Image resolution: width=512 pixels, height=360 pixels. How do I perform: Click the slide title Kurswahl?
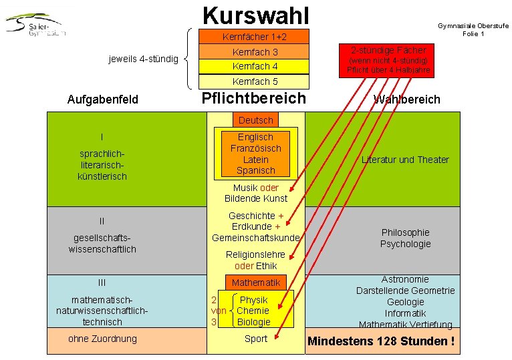click(x=255, y=14)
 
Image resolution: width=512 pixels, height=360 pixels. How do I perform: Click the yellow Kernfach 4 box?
click(x=255, y=66)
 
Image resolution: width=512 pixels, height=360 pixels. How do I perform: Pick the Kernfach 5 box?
click(x=255, y=81)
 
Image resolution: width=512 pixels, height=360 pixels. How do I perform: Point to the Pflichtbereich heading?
click(x=253, y=99)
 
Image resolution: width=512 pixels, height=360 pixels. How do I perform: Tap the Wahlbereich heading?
click(x=407, y=100)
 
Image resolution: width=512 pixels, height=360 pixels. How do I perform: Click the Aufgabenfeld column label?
click(x=103, y=100)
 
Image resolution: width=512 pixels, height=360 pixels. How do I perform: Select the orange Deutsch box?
click(x=256, y=120)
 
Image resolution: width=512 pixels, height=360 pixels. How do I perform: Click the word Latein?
click(x=256, y=160)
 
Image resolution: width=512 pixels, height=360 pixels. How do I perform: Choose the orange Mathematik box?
click(x=256, y=283)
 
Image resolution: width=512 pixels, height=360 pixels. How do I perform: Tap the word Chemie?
click(x=253, y=311)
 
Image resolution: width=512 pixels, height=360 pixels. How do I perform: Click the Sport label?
click(x=255, y=339)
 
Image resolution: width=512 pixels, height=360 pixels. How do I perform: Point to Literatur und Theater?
click(x=405, y=160)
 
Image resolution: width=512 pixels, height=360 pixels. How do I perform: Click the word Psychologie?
click(x=405, y=244)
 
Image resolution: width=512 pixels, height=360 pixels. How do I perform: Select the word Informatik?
click(x=405, y=313)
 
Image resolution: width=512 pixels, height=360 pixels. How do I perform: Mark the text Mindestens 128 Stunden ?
click(x=381, y=342)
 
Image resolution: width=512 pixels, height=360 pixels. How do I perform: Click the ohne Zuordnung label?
click(x=102, y=339)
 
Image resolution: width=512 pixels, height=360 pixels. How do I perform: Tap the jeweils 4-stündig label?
click(x=143, y=59)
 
